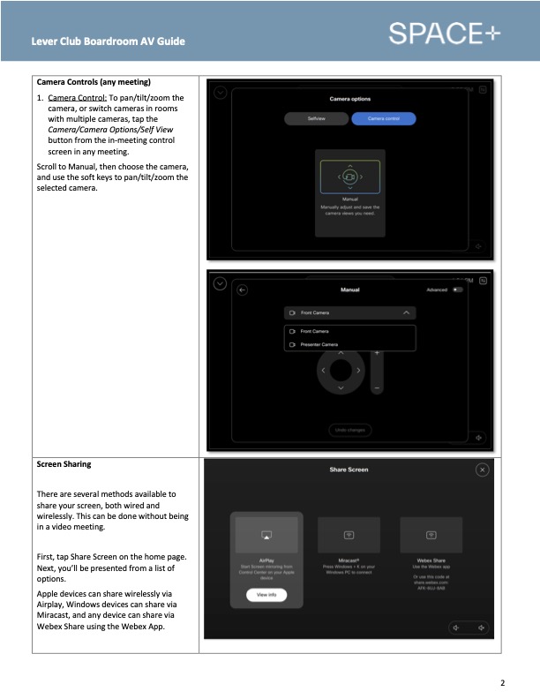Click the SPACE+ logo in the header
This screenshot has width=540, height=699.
tap(444, 34)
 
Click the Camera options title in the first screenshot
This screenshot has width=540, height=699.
tap(349, 99)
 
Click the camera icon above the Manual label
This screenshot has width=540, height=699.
tap(349, 177)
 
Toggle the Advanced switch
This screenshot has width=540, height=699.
tap(456, 289)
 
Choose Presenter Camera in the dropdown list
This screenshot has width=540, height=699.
tap(322, 344)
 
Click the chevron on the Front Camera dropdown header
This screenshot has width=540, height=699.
tap(405, 313)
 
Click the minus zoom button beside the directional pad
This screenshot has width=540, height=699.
tap(377, 387)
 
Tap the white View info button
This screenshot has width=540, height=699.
tap(266, 595)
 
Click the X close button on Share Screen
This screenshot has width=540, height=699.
tap(482, 470)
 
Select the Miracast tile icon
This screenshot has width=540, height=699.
tap(349, 536)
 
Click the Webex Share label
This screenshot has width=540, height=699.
tap(431, 560)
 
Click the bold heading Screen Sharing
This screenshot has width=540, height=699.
tap(64, 463)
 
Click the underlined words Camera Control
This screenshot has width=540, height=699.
tap(77, 98)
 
